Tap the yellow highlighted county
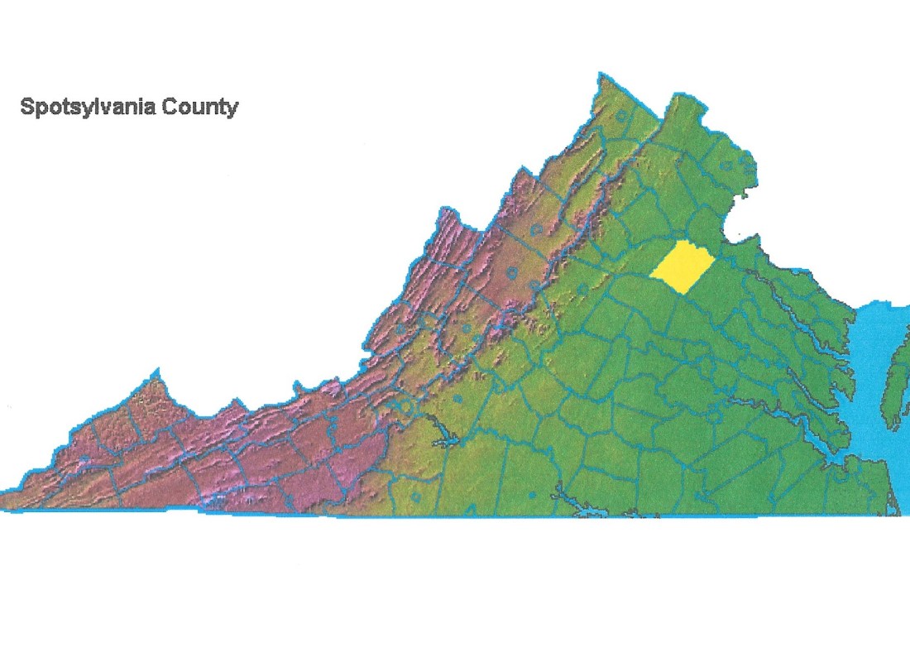(x=683, y=266)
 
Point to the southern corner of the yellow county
(x=681, y=291)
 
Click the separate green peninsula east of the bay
(x=895, y=385)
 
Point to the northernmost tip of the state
(x=597, y=75)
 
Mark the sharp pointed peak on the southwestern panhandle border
(x=155, y=372)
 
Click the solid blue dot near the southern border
(x=532, y=495)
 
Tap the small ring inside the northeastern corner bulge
(x=726, y=165)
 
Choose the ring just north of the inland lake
(x=457, y=398)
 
